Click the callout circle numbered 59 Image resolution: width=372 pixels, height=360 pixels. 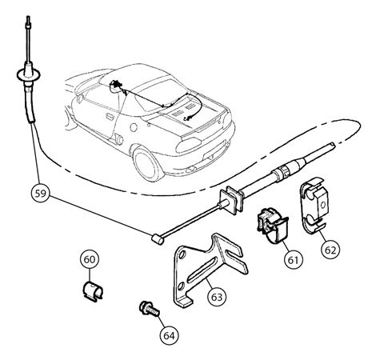41,193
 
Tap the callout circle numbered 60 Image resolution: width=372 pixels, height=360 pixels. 90,259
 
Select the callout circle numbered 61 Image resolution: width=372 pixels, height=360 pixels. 294,260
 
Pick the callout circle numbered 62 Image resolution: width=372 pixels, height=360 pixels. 330,250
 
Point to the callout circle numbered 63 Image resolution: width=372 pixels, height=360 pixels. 217,297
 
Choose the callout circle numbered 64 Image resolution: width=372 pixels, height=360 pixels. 170,335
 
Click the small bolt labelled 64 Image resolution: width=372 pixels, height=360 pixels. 150,309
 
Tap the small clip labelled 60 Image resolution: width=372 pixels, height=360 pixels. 93,291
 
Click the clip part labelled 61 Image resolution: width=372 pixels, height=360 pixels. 273,225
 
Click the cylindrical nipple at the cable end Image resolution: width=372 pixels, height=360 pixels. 158,239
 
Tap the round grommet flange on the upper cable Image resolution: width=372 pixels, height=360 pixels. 29,74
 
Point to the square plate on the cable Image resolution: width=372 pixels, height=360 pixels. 231,200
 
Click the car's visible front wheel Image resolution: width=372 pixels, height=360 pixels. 146,165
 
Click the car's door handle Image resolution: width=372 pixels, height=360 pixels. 110,117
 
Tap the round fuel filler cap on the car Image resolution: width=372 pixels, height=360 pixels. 134,127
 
